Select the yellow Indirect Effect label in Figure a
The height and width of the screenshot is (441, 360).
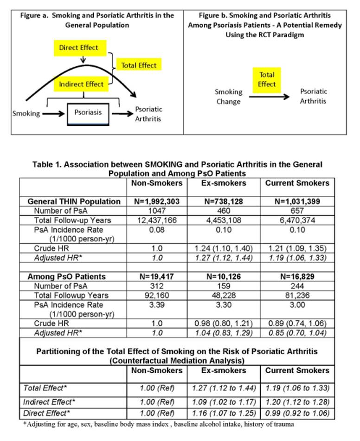(81, 84)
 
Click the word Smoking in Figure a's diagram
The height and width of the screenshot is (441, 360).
(26, 113)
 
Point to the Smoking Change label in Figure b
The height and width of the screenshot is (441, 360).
(228, 97)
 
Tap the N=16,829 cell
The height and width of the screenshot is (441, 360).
(297, 277)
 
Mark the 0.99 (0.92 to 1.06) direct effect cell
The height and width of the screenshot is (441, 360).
(297, 412)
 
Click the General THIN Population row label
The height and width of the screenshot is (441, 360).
(74, 201)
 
